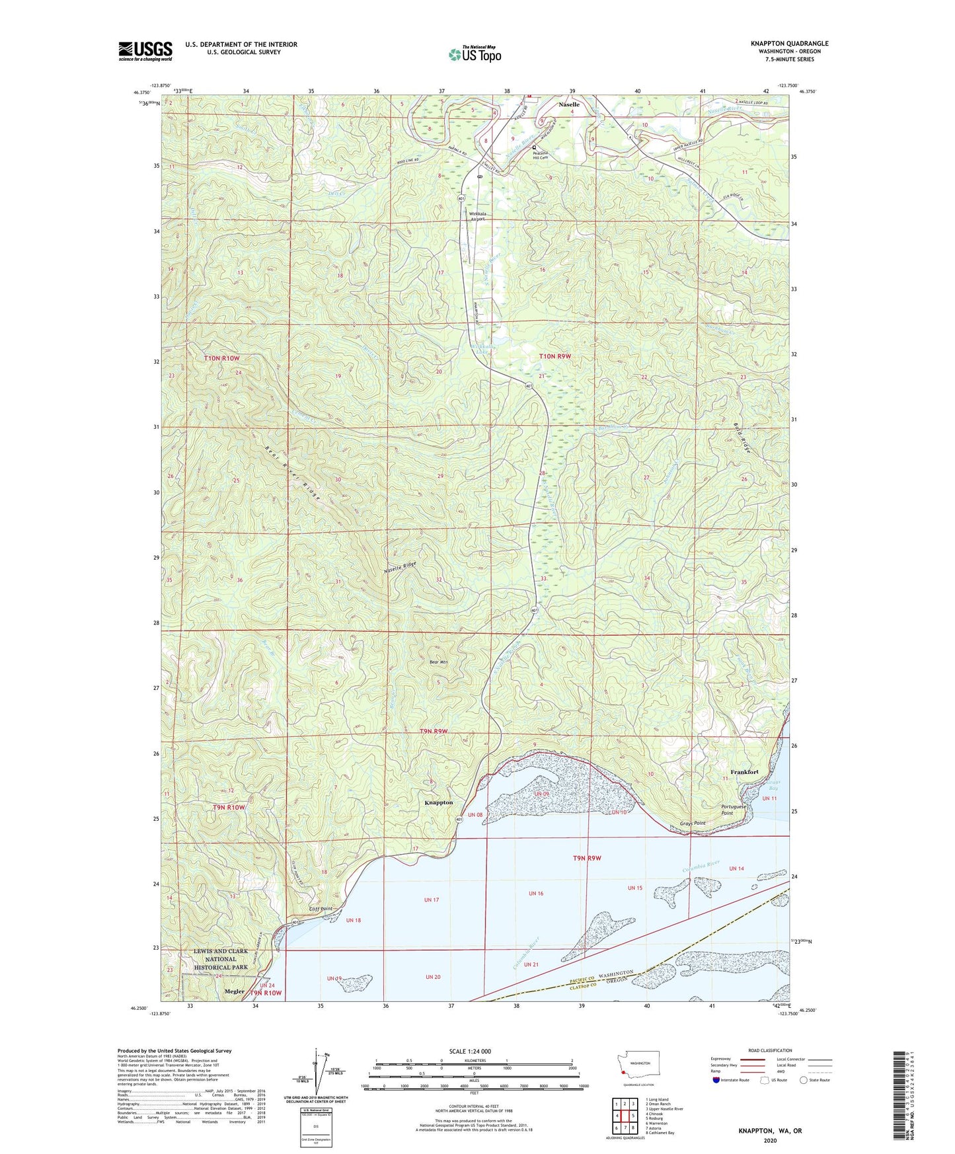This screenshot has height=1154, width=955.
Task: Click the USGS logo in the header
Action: [x=145, y=51]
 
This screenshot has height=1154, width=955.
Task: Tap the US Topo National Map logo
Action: [x=475, y=54]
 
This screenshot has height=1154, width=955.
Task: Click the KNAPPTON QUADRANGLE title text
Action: [x=789, y=44]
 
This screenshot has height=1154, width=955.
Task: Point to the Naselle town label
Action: [x=568, y=104]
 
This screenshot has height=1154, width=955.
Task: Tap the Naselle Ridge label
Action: [x=401, y=566]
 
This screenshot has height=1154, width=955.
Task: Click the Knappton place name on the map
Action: [x=438, y=802]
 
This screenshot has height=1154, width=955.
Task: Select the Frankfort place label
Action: [x=744, y=772]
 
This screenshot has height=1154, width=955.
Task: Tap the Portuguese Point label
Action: [x=734, y=810]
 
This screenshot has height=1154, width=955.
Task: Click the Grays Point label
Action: [x=693, y=823]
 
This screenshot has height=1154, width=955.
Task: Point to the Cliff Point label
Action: [x=321, y=909]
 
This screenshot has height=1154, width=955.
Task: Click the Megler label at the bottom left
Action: [x=234, y=991]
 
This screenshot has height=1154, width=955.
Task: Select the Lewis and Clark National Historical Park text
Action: [x=221, y=959]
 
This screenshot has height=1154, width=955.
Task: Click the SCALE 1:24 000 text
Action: [x=470, y=1051]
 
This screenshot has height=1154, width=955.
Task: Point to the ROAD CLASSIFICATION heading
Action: [x=770, y=1050]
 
